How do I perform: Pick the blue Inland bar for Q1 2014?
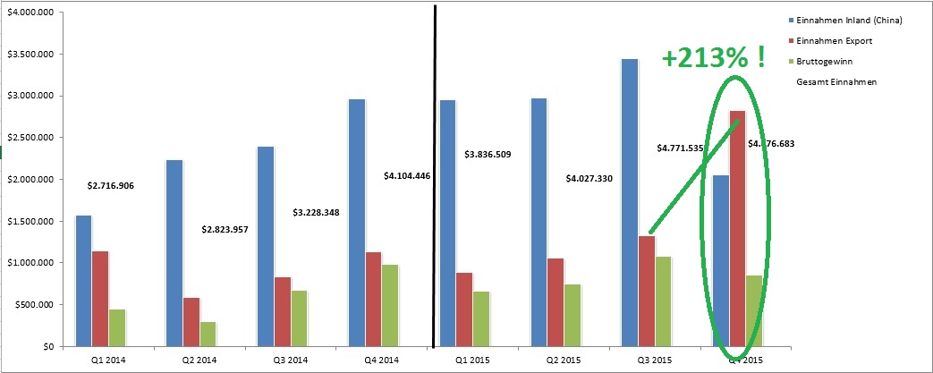[83, 280]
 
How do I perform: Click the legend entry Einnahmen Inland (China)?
[845, 20]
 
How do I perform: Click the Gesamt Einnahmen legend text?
[835, 81]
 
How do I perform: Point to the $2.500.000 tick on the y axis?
[32, 138]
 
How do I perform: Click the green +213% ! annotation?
[712, 59]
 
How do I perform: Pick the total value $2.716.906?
[111, 186]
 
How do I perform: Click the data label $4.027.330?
[589, 179]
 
